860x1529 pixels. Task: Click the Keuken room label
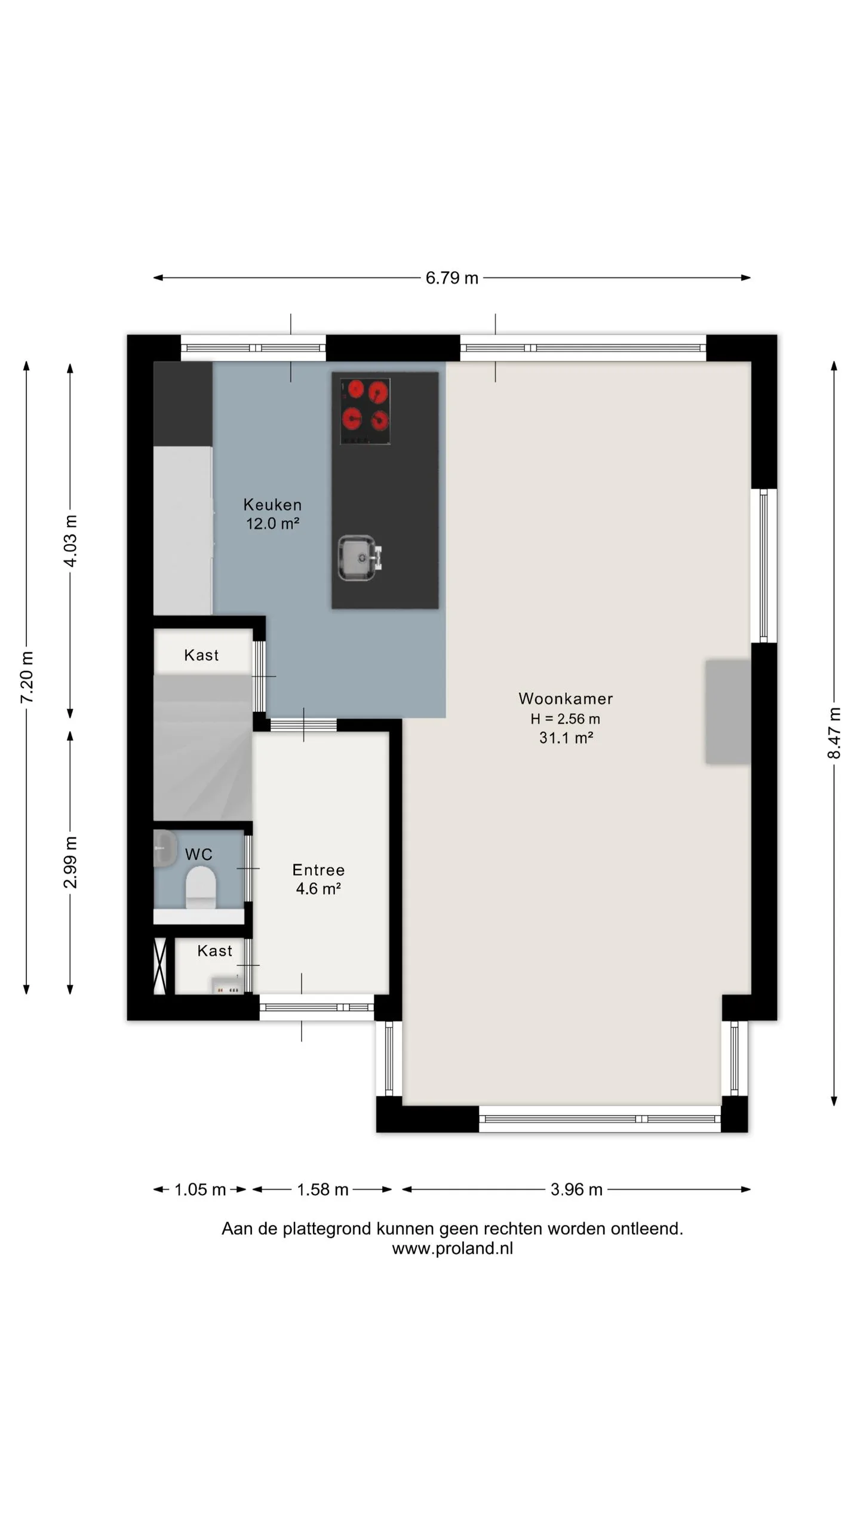272,505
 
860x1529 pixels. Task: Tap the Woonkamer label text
566,699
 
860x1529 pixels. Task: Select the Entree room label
318,870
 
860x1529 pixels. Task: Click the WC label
199,855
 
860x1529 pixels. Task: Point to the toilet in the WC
201,887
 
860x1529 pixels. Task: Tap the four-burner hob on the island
365,412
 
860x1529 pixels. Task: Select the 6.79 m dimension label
452,278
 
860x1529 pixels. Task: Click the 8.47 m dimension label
834,733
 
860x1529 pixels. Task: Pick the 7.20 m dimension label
27,677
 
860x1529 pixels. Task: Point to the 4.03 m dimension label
70,541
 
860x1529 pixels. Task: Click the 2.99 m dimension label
70,862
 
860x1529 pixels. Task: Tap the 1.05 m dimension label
200,1190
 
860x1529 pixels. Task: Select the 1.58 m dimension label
322,1190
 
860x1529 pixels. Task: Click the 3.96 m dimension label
576,1190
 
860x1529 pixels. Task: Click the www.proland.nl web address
453,1248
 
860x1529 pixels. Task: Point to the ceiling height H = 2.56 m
566,719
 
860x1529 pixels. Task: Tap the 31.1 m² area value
566,738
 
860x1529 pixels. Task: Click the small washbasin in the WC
165,848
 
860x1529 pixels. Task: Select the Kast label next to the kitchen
201,655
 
